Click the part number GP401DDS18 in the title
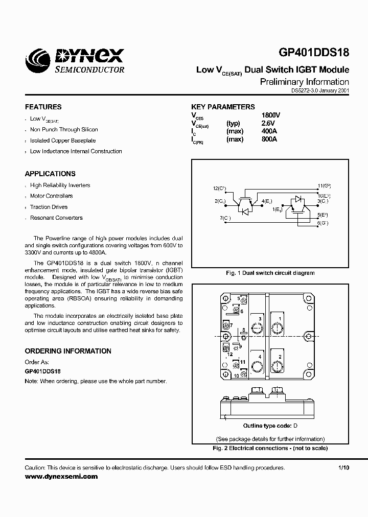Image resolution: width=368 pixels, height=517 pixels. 314,54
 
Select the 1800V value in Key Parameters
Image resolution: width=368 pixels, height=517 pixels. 271,115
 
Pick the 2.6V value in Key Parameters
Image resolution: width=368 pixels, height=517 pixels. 268,124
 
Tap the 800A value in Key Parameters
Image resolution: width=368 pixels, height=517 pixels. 269,139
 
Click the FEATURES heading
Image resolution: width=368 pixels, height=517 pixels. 43,107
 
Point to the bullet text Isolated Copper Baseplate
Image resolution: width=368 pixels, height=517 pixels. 63,140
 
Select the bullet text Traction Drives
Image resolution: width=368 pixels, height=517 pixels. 49,207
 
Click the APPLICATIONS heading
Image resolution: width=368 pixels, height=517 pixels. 50,174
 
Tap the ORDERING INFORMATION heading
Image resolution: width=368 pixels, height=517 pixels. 68,351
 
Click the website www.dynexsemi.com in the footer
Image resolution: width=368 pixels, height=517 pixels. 61,476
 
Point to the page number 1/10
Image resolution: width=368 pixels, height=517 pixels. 343,468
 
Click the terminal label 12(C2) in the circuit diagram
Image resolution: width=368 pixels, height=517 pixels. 220,189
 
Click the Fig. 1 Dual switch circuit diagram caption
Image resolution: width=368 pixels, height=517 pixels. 270,273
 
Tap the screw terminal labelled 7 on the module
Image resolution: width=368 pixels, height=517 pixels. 225,325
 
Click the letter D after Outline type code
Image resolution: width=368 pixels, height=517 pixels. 295,426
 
